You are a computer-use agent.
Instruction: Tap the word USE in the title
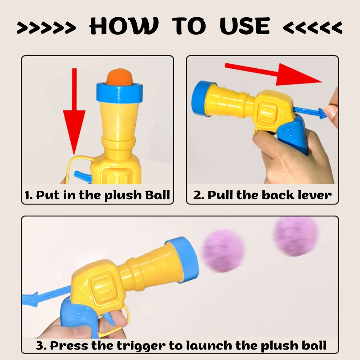[x=245, y=26]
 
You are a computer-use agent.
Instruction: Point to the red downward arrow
[x=74, y=119]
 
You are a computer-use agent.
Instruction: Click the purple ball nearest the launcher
[x=223, y=248]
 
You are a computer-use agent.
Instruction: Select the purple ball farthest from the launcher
[x=296, y=236]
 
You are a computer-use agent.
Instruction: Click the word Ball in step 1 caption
[x=156, y=195]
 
